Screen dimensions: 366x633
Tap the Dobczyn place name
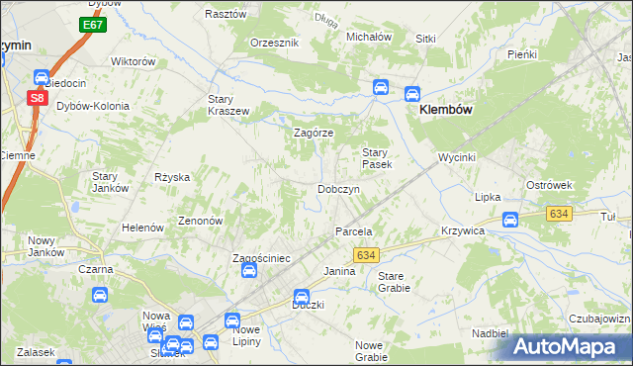point(337,188)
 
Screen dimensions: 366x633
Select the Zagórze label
point(315,133)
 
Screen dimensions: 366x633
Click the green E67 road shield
point(94,24)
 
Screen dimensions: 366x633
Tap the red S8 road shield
point(37,97)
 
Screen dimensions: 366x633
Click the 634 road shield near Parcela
point(365,255)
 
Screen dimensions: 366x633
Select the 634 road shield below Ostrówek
point(560,213)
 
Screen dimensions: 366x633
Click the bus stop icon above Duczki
point(302,297)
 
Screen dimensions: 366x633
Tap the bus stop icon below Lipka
point(510,220)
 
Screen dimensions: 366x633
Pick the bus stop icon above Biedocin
point(42,76)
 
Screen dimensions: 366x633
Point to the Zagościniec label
point(260,258)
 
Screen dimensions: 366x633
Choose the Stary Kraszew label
point(227,105)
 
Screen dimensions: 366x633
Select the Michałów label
point(369,36)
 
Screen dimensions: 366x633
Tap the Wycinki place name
point(458,157)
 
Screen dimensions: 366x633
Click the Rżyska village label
point(171,177)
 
